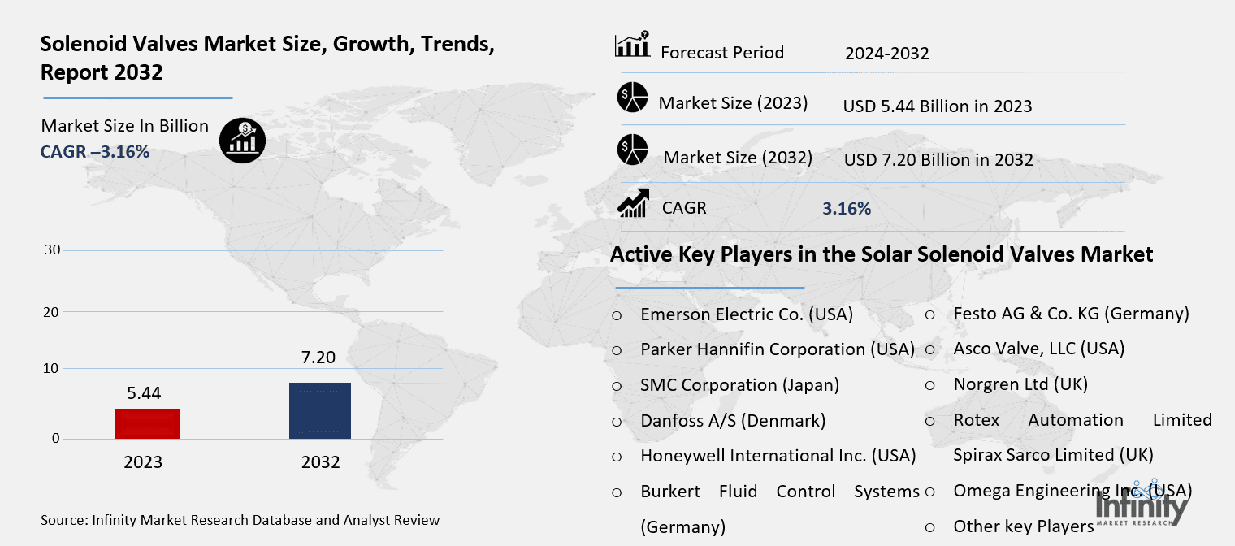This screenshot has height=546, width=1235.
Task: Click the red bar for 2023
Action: coord(147,423)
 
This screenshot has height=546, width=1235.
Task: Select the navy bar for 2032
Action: coord(320,410)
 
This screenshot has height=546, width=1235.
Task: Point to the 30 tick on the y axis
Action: coord(52,249)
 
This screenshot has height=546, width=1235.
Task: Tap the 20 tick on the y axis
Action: coord(52,312)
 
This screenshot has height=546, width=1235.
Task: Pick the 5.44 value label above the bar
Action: coord(144,392)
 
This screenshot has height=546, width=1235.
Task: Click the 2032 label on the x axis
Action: coord(320,462)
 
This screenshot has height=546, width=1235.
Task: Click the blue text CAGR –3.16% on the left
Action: coord(94,151)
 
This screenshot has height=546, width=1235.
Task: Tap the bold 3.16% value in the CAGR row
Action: coord(846,209)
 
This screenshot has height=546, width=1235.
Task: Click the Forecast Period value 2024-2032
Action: coord(886,54)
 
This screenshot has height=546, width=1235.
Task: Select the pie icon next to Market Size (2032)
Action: coord(631,150)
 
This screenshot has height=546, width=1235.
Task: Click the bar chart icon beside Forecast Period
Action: coord(631,45)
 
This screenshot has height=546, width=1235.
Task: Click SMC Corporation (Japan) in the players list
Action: coord(739,385)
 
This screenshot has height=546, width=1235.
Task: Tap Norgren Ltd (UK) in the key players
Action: coord(1020,384)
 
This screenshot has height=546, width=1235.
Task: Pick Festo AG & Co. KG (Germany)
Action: coord(1071,314)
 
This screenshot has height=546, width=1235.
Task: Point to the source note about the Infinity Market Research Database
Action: coord(240,520)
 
